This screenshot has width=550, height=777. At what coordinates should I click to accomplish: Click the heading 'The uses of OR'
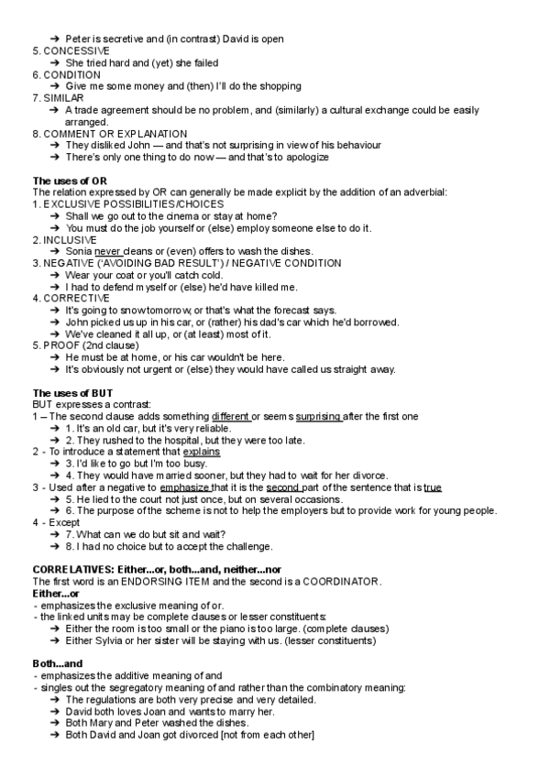70,181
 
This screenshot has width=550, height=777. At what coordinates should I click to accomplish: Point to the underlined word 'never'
107,251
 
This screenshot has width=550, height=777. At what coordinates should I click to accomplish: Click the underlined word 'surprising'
319,416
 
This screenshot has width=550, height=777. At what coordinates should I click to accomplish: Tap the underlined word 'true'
433,487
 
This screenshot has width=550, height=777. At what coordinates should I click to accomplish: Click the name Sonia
79,251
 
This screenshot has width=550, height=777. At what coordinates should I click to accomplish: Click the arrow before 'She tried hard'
55,63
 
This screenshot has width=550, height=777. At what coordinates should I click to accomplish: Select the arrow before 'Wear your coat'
55,275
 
